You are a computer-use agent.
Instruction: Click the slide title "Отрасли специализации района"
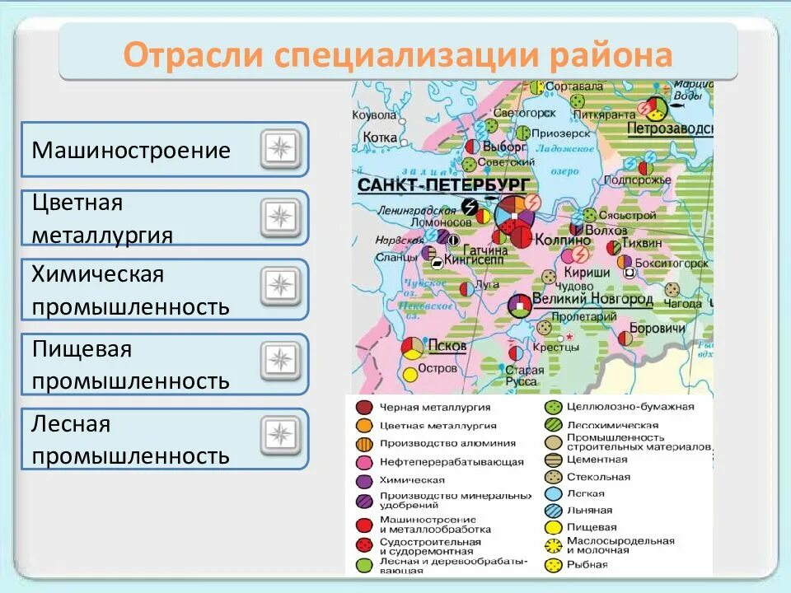coord(398,55)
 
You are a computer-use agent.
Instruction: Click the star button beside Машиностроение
coord(281,149)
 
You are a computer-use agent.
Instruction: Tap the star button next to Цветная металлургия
coord(281,218)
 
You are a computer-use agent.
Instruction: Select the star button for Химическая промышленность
coord(281,287)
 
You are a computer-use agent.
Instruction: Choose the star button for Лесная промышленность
coord(281,437)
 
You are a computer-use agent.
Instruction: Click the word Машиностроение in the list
coord(131,151)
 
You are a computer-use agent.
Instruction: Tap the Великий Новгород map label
coord(592,299)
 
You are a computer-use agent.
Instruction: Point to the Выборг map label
coord(505,146)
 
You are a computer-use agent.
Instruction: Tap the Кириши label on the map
coord(587,273)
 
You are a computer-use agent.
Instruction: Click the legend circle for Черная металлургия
coord(363,407)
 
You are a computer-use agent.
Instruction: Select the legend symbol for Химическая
coord(363,479)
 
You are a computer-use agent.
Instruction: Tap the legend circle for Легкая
coord(553,494)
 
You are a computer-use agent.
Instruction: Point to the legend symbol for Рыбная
coord(553,565)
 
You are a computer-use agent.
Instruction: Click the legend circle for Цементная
coord(553,460)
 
